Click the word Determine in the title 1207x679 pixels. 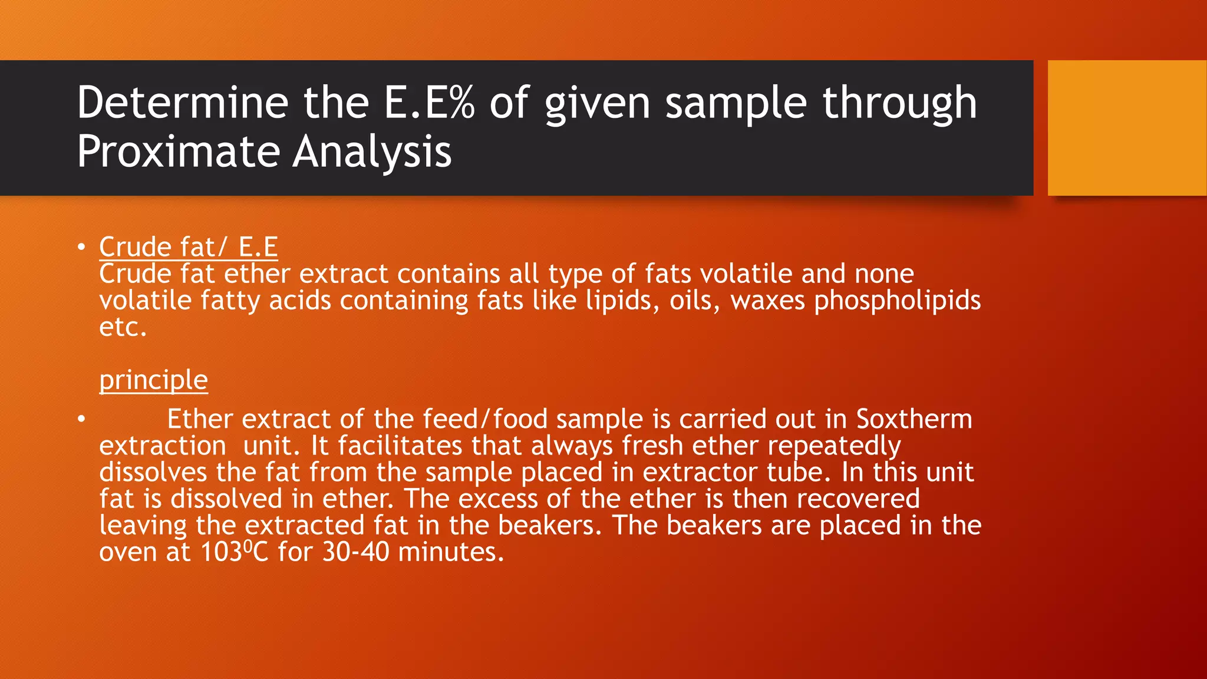182,103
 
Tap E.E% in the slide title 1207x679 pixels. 428,103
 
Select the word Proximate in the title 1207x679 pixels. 179,152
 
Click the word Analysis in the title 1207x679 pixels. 372,152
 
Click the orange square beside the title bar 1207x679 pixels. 1127,128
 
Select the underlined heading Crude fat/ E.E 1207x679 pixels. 188,247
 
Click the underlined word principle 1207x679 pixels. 153,380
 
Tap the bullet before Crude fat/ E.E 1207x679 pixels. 81,247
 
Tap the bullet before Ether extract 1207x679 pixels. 81,420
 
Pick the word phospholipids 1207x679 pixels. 897,301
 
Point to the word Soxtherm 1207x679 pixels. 914,420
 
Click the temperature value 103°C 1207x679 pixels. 234,553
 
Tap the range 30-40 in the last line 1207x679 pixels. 355,553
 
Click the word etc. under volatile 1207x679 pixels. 123,328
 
